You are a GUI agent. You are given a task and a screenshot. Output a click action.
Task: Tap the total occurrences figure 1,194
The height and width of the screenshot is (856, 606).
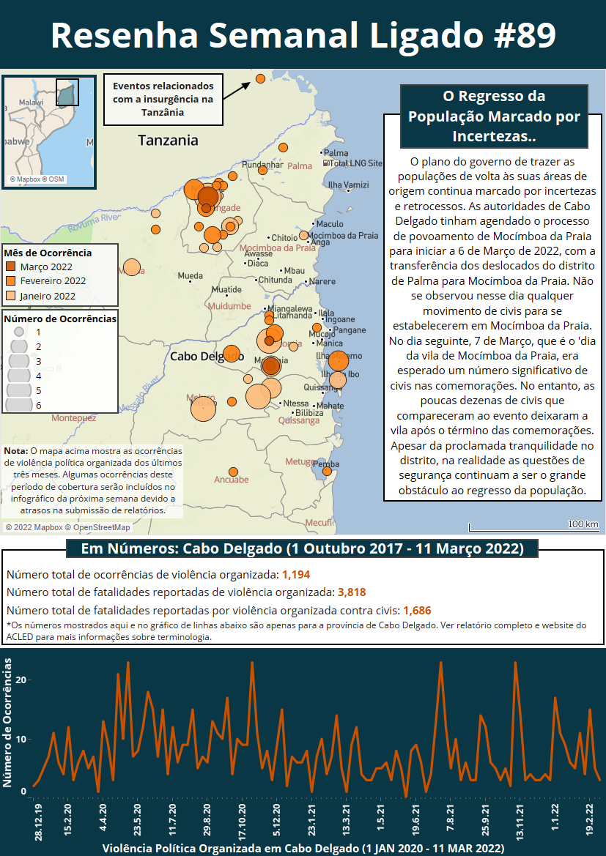click(296, 575)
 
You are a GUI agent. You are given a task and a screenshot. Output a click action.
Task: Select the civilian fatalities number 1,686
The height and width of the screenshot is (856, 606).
click(417, 609)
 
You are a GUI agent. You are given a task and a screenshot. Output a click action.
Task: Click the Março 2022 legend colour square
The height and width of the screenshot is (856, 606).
click(11, 267)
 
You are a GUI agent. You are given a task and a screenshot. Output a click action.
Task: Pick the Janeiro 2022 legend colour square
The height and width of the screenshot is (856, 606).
click(11, 296)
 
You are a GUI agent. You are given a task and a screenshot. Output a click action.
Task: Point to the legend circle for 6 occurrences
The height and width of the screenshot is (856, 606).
click(18, 404)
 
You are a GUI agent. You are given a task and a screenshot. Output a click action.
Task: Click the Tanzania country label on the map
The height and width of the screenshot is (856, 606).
click(168, 141)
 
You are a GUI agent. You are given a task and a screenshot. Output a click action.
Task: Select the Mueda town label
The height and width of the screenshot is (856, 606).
click(191, 276)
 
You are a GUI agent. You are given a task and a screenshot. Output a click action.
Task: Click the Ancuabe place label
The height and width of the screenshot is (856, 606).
click(231, 480)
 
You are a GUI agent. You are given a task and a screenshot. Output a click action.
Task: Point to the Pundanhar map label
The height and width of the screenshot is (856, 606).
click(262, 165)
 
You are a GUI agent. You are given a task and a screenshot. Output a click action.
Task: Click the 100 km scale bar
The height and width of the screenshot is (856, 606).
click(533, 527)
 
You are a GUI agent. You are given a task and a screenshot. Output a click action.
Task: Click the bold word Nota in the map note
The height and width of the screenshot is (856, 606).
click(15, 451)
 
